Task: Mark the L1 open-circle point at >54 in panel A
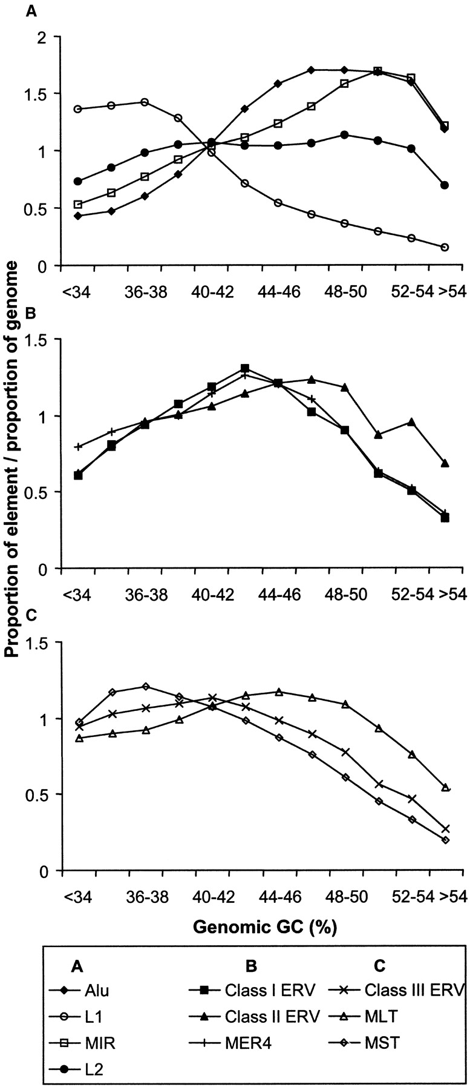tap(445, 247)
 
